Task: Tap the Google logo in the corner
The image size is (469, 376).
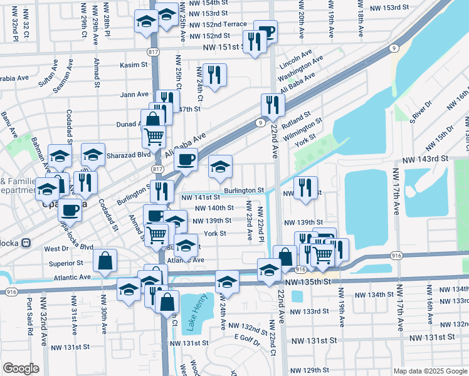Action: click(21, 368)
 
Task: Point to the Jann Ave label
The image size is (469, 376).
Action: click(134, 95)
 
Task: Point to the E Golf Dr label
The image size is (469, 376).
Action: click(246, 337)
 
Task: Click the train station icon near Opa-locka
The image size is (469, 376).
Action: click(26, 243)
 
